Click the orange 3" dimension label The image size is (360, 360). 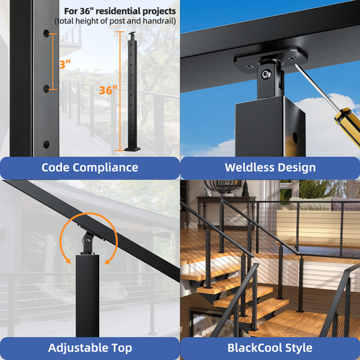[65, 65]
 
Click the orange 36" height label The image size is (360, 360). [108, 90]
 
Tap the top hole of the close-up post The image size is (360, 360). [46, 34]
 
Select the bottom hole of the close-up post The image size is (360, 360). [46, 145]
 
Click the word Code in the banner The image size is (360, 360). [55, 168]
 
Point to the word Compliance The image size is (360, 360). [106, 168]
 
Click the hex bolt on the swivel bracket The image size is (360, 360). [266, 74]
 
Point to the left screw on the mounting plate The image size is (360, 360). [249, 67]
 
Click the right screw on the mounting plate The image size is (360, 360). [292, 59]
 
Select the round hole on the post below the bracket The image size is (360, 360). [295, 138]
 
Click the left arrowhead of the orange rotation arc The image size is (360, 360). [68, 260]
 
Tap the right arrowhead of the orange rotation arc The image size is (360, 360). [108, 261]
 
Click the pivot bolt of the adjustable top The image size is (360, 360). [87, 240]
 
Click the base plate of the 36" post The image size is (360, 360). [133, 149]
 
